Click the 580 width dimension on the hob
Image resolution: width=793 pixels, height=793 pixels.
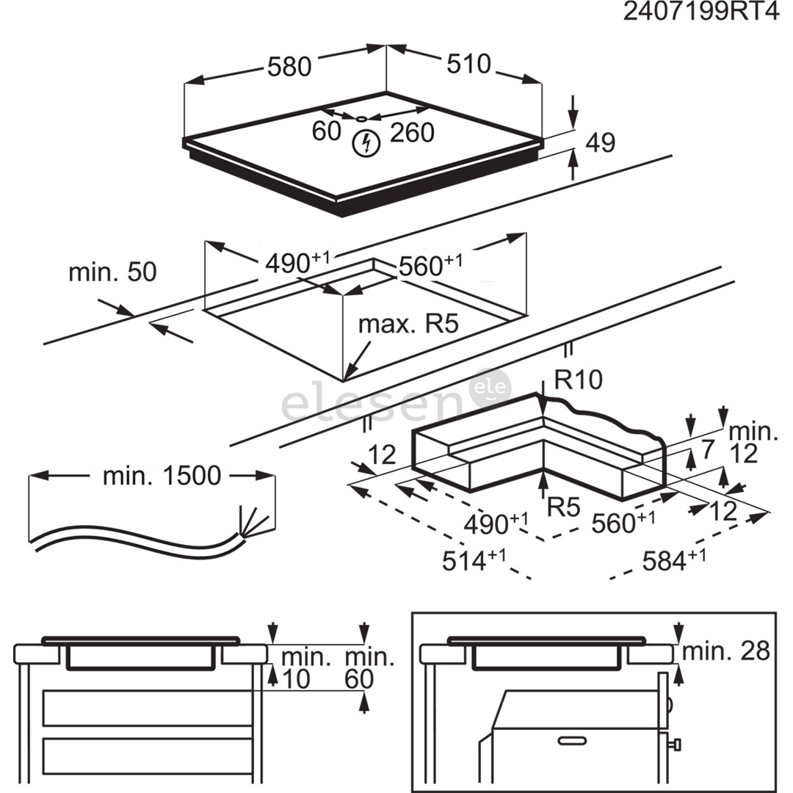pos(289,67)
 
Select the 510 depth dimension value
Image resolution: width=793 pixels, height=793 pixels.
pos(468,64)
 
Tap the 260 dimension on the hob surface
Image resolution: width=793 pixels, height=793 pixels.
pos(412,133)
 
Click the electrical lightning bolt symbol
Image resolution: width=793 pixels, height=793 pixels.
pos(364,143)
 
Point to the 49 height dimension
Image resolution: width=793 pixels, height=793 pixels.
pos(601,143)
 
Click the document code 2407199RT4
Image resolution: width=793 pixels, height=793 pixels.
pos(700,13)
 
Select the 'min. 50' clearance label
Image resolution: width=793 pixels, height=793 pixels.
pos(112,272)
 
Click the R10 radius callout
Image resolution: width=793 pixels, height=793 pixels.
pos(578,380)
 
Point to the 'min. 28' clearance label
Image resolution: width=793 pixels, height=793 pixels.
pos(725,651)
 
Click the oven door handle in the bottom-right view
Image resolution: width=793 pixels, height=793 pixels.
pos(574,741)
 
